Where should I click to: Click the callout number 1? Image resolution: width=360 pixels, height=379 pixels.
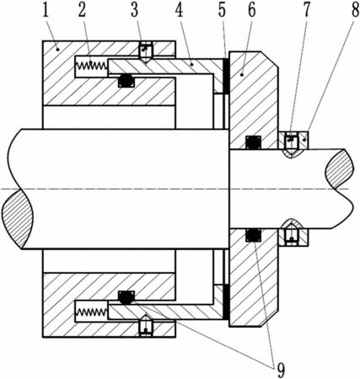tap(46, 9)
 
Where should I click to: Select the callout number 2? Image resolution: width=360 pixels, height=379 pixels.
tap(82, 9)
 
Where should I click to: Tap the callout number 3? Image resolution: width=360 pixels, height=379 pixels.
tap(134, 9)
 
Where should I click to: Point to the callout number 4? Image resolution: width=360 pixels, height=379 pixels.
tap(179, 9)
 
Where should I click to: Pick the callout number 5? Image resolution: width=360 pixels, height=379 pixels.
tap(222, 9)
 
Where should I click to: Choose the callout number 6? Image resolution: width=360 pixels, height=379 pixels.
tap(251, 9)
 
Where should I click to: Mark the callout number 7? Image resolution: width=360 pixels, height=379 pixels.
tap(306, 9)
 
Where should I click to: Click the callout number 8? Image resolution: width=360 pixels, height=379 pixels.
tap(355, 9)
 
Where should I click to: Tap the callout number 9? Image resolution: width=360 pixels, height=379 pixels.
tap(281, 370)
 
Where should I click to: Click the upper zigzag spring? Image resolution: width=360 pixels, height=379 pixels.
tap(91, 66)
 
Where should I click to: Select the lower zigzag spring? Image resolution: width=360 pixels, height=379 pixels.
tap(91, 312)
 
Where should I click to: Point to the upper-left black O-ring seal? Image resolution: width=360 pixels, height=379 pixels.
tap(126, 81)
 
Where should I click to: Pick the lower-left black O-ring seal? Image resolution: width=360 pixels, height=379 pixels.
tap(126, 297)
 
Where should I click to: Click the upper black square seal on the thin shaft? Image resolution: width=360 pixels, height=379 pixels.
tap(253, 142)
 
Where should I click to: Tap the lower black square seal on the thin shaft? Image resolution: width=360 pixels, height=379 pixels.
tap(253, 235)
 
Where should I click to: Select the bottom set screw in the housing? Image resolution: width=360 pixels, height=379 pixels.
tap(146, 325)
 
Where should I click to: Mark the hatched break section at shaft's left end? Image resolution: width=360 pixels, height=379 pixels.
tap(18, 219)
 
